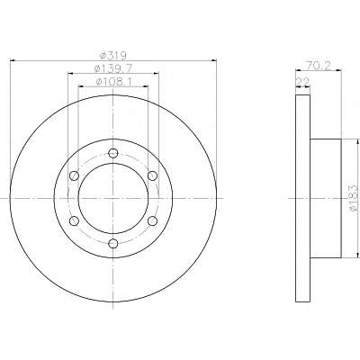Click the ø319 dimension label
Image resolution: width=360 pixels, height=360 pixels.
(x=112, y=56)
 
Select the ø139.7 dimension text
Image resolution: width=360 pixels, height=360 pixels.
(x=113, y=68)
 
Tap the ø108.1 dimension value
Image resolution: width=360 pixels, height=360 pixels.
(x=113, y=82)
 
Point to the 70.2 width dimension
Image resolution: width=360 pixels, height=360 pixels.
(x=318, y=66)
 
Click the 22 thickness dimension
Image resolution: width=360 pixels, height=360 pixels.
(x=302, y=82)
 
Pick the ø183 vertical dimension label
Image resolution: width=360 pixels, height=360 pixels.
(x=354, y=199)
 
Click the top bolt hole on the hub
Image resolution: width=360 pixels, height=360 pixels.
(x=112, y=153)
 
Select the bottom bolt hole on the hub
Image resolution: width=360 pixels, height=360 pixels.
(x=112, y=243)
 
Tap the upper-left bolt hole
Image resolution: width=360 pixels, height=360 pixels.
(x=74, y=175)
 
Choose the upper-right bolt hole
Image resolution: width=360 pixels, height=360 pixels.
(x=152, y=175)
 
